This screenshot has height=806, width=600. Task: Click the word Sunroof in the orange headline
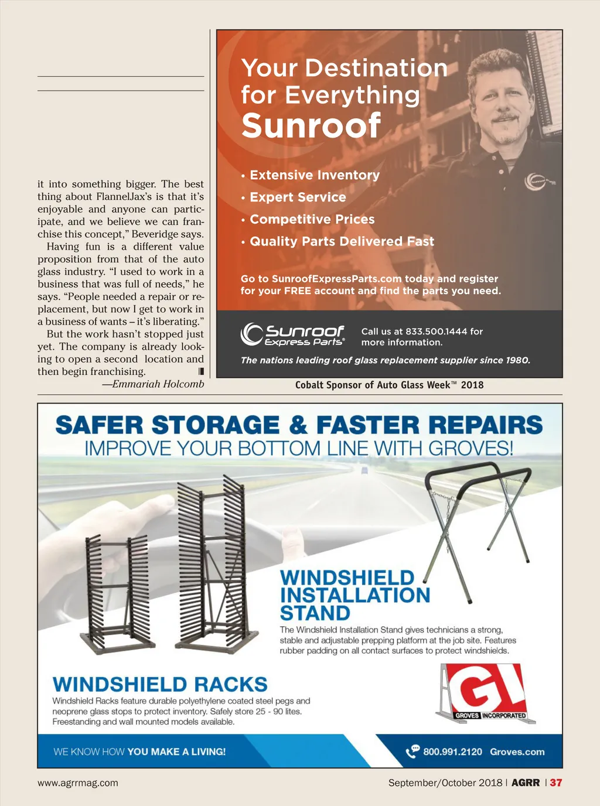(x=311, y=125)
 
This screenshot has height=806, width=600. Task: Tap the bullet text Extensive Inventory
(x=315, y=175)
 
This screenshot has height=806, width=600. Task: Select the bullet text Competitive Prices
(x=312, y=219)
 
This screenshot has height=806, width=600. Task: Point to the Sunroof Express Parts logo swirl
(x=252, y=334)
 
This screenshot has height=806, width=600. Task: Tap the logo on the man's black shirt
(x=537, y=181)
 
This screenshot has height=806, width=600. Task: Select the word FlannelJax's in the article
(x=124, y=197)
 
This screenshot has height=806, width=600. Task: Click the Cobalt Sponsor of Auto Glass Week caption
(x=389, y=385)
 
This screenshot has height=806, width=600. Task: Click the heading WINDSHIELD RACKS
(x=160, y=684)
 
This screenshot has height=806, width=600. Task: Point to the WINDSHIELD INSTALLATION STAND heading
(x=354, y=595)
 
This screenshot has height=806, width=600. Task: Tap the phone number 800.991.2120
(x=452, y=752)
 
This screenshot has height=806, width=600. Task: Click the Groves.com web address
(x=517, y=752)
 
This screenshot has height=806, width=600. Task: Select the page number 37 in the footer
(x=555, y=783)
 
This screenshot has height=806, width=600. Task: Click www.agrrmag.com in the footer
(x=78, y=783)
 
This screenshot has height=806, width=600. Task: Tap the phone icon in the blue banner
(x=412, y=751)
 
